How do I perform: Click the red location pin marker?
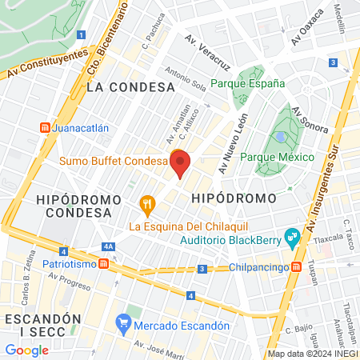pos(181,163)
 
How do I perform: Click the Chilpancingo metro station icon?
pos(296,266)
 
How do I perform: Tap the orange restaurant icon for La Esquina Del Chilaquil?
pos(146,206)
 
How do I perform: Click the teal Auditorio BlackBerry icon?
pos(293,238)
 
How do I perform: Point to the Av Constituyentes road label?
pos(46,64)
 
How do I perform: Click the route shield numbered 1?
pos(82,34)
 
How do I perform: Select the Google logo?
pos(26,350)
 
